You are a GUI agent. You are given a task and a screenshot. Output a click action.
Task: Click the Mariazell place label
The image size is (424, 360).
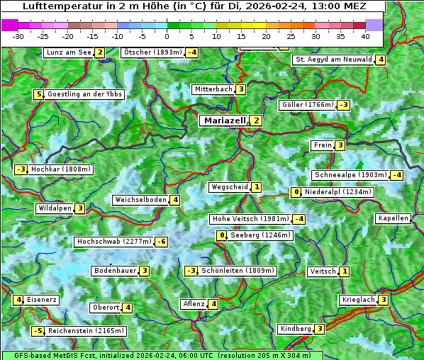tap(224, 120)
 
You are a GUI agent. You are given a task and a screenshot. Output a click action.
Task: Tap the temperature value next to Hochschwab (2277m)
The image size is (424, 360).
tap(162, 242)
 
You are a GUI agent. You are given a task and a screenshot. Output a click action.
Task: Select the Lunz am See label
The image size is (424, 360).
tap(69, 52)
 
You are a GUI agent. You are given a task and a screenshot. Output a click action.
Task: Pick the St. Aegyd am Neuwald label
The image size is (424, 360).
tap(333, 60)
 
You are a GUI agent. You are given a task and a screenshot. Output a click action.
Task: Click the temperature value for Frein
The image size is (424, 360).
tap(340, 145)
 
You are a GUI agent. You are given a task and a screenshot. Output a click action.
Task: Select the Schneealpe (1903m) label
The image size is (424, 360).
tap(350, 175)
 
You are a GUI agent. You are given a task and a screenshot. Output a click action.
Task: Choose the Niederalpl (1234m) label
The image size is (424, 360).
tap(337, 192)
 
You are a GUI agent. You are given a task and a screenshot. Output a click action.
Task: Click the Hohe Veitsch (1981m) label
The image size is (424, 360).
tap(250, 219)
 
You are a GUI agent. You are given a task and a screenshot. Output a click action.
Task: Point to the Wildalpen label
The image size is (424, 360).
tap(55, 208)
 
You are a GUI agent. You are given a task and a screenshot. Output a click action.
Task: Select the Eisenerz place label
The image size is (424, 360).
tap(42, 300)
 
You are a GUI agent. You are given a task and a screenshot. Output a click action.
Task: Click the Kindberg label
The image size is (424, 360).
tap(295, 329)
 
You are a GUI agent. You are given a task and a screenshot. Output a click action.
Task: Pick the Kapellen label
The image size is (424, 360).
tap(393, 218)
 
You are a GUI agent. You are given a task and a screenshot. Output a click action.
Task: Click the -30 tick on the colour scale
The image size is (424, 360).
tap(18, 35)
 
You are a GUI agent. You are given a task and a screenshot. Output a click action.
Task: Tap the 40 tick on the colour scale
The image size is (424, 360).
tap(365, 35)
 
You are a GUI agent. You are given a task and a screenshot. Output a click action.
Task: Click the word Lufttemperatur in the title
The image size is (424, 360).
tap(58, 6)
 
